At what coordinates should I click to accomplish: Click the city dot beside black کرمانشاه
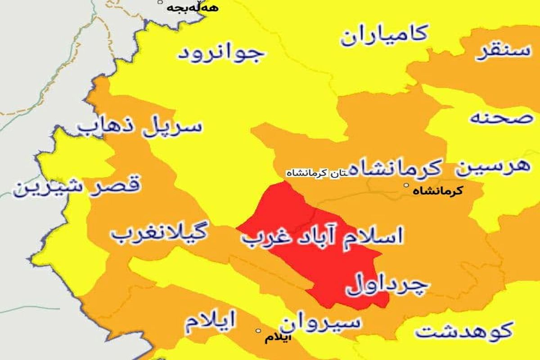point(406,185)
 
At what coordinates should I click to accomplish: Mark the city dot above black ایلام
point(258,331)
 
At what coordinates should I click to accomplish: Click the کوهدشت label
point(463,332)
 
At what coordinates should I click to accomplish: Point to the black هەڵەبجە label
point(186,8)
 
